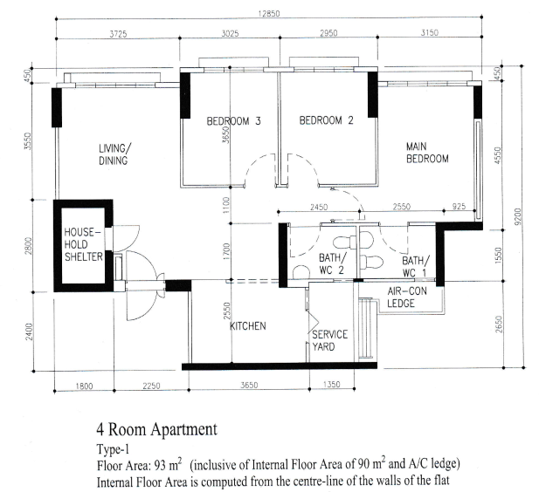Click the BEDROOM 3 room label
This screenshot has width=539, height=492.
click(x=233, y=121)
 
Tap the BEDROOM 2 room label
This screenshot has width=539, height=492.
click(x=326, y=120)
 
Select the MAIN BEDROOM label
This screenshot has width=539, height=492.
click(x=427, y=153)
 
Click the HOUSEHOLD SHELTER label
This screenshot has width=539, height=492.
click(x=84, y=244)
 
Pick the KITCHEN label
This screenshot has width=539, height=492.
click(x=248, y=326)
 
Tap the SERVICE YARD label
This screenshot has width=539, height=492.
click(x=329, y=340)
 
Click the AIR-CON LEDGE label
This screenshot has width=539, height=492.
click(x=407, y=297)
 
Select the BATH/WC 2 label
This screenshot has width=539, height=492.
click(x=332, y=263)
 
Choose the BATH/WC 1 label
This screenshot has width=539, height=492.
click(x=415, y=266)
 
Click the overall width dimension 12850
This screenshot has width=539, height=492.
click(x=269, y=13)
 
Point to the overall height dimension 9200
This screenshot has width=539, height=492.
click(x=518, y=216)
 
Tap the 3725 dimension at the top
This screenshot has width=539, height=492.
click(x=118, y=34)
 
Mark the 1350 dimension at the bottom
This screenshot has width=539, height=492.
click(x=332, y=384)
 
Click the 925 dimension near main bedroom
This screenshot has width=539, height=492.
click(x=459, y=207)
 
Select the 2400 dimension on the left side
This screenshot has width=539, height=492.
click(x=29, y=331)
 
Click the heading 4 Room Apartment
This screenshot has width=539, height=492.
click(x=156, y=429)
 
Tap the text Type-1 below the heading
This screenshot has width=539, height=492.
click(x=113, y=449)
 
